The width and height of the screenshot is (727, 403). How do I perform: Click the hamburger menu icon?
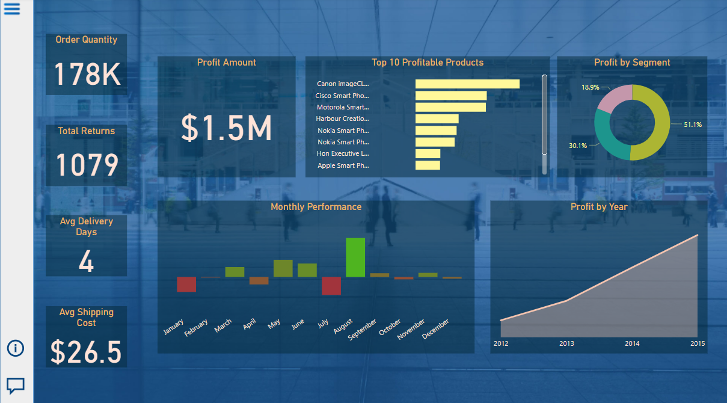[12, 9]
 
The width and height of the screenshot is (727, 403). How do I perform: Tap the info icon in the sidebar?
[15, 348]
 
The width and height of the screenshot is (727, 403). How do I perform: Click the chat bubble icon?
[15, 385]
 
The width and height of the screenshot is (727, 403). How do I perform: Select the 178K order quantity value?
[87, 75]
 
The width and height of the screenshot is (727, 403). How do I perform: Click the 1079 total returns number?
[87, 165]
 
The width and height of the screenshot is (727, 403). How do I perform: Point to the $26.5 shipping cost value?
[86, 352]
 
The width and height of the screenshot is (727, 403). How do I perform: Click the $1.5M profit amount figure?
[227, 128]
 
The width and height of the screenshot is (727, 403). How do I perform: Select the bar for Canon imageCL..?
[467, 84]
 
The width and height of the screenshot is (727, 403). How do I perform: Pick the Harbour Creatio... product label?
[342, 119]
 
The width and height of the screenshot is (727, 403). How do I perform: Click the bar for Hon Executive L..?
[428, 154]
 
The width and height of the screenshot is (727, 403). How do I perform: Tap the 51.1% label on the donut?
[692, 125]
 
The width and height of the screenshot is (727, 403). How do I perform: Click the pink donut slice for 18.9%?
[616, 97]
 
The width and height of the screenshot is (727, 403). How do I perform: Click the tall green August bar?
[355, 257]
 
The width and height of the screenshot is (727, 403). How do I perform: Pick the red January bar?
[186, 284]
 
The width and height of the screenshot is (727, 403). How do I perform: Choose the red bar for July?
[331, 286]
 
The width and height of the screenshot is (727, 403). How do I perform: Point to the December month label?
[436, 330]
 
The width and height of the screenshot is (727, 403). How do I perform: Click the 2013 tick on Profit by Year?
[566, 343]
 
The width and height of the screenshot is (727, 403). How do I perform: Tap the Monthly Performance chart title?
[316, 207]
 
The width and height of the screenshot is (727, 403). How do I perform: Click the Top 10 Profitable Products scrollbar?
[545, 114]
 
